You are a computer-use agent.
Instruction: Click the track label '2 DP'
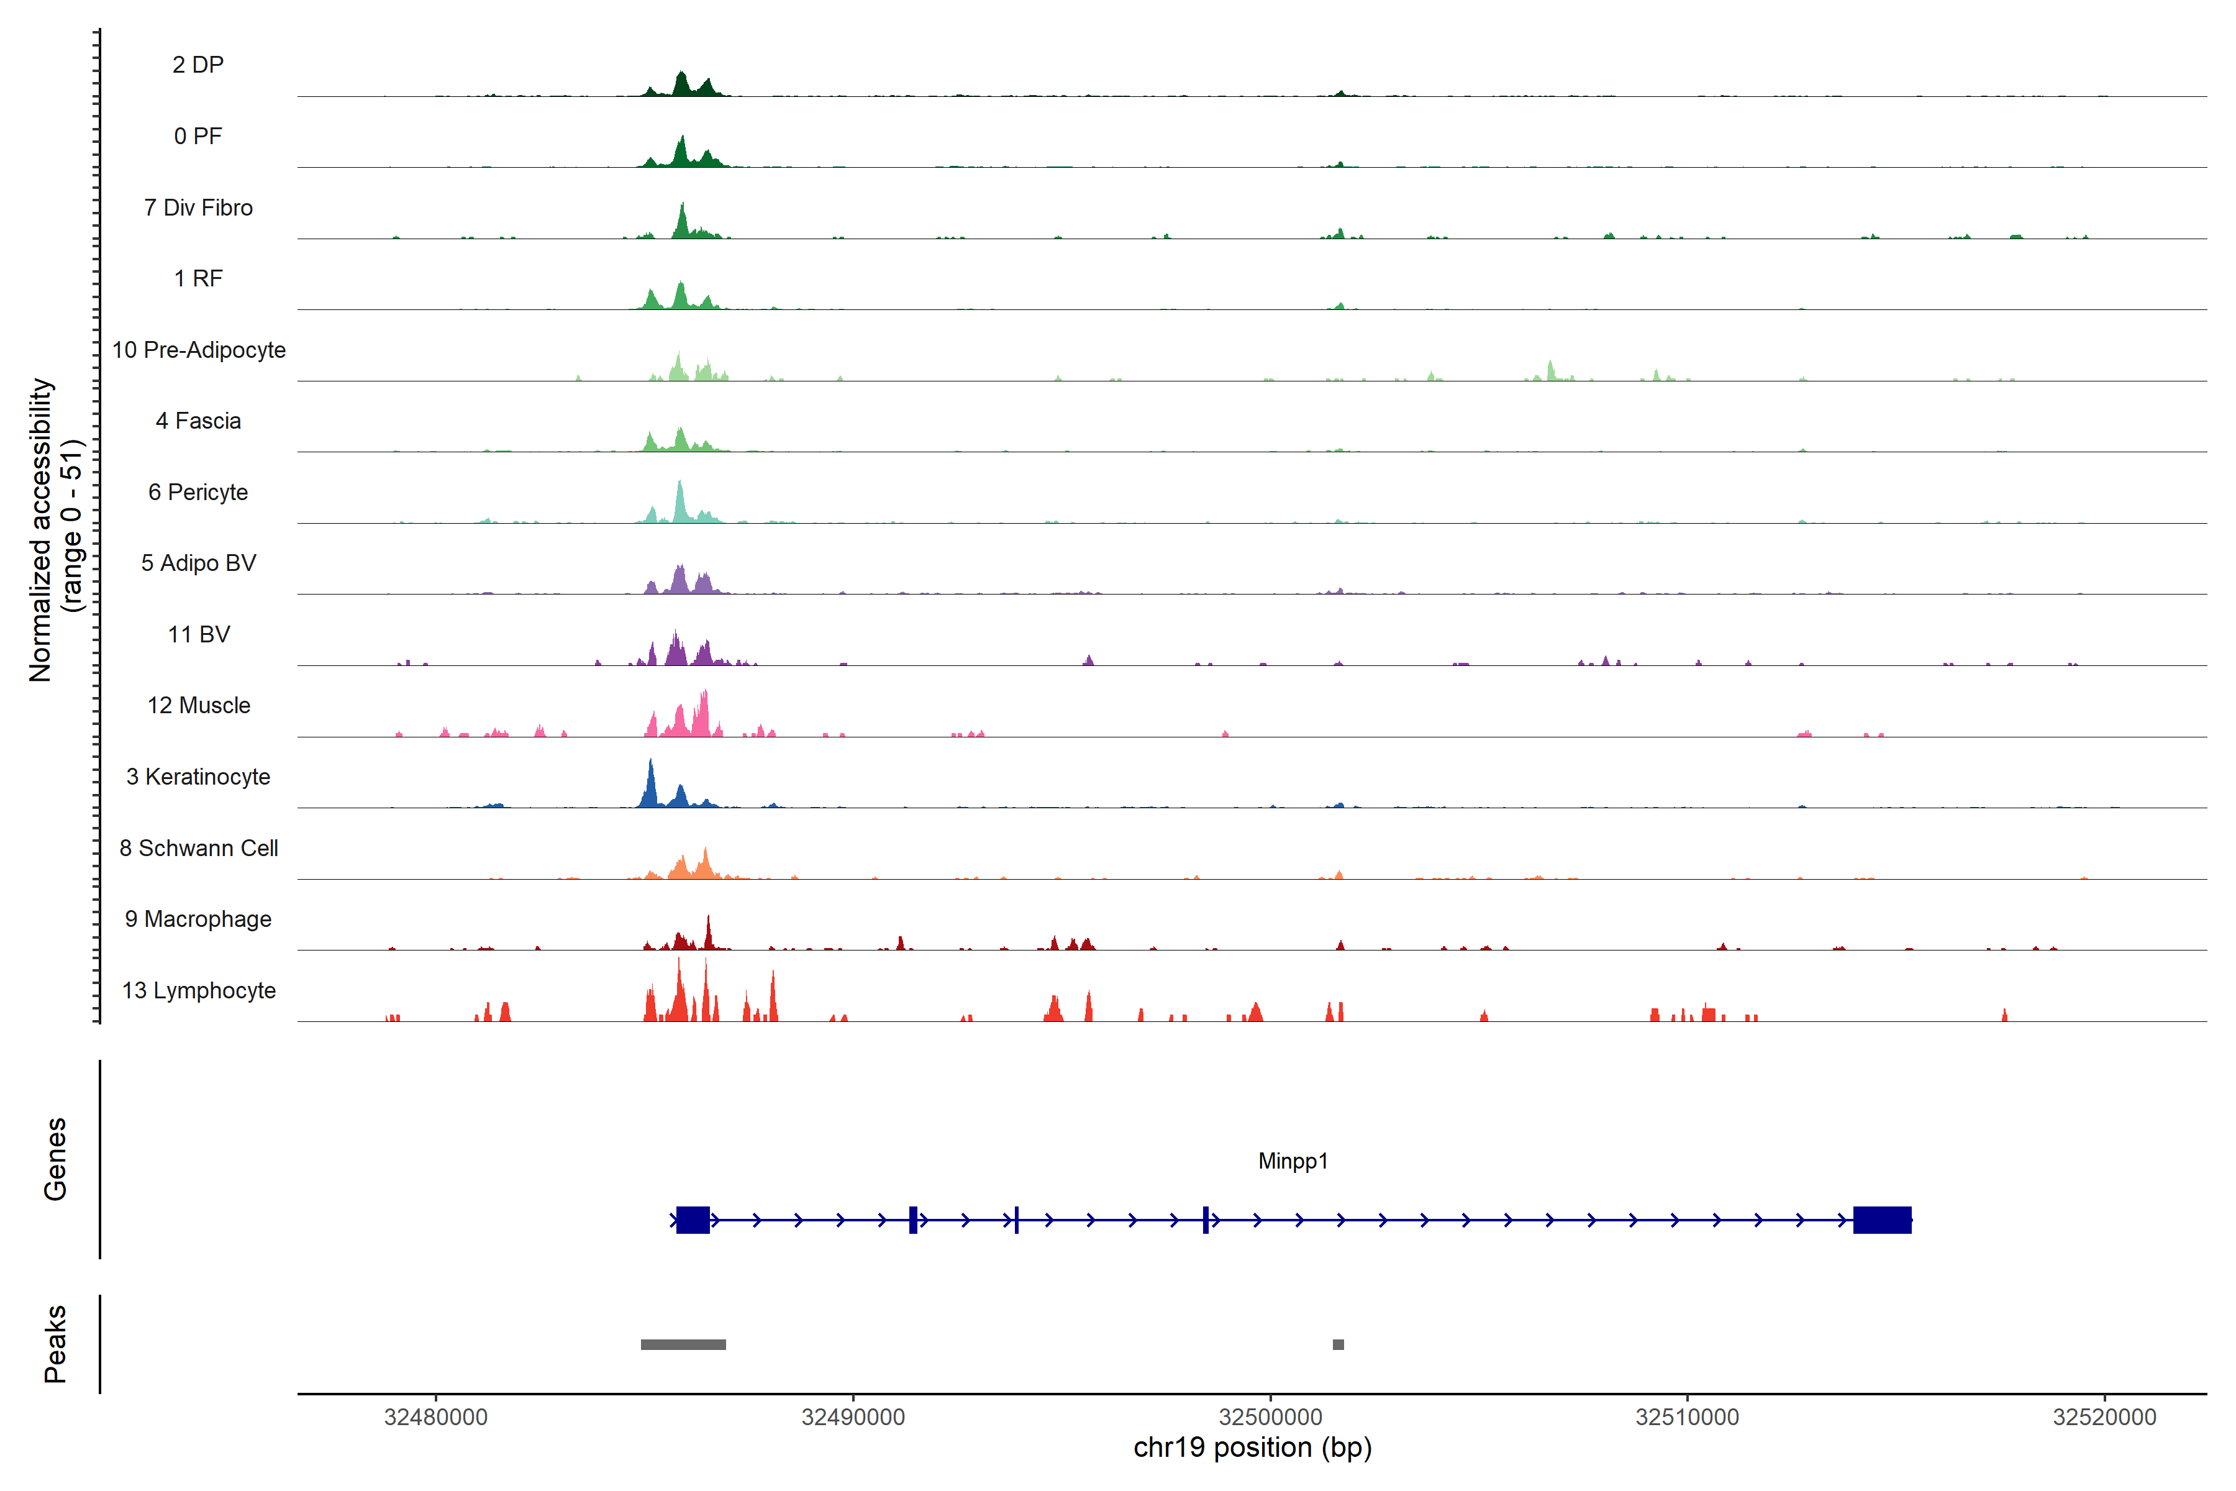click(x=198, y=65)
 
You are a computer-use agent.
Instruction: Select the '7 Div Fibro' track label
click(x=198, y=207)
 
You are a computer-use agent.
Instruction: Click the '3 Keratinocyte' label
click(x=198, y=777)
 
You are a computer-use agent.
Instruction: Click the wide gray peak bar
click(x=683, y=1344)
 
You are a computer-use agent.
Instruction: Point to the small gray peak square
click(x=1338, y=1344)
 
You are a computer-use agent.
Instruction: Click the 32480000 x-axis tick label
click(x=435, y=1417)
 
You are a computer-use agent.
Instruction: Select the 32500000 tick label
click(x=1270, y=1417)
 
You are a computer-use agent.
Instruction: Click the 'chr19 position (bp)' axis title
click(x=1252, y=1448)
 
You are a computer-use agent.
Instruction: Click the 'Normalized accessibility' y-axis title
click(x=40, y=530)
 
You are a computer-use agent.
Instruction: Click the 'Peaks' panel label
click(x=55, y=1344)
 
